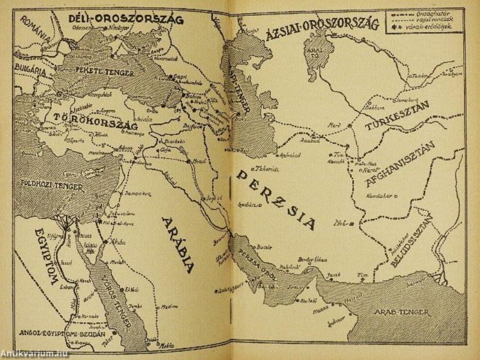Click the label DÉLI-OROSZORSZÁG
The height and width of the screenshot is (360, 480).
pyautogui.click(x=126, y=19)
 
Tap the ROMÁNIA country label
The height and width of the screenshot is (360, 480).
pyautogui.click(x=35, y=28)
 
